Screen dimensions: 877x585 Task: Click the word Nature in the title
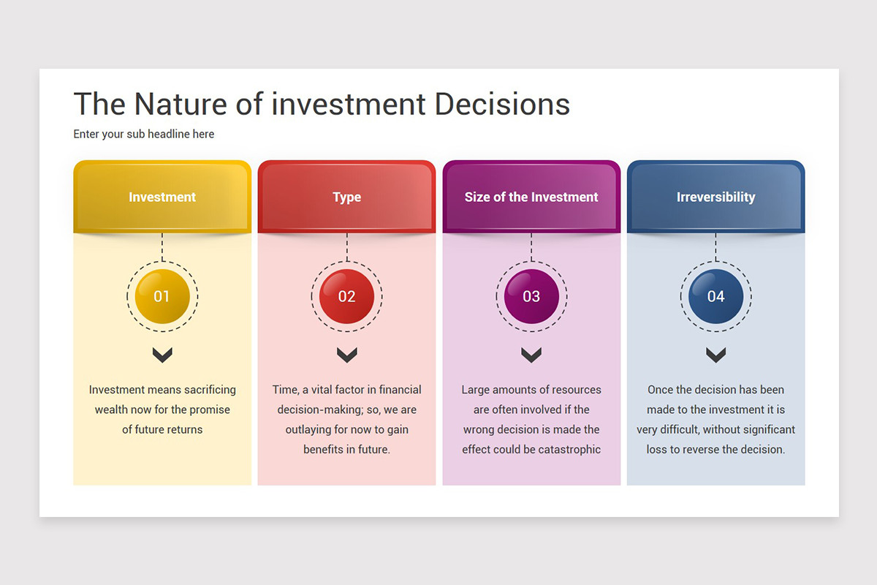[x=181, y=105]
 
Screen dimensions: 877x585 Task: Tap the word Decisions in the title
[x=502, y=105]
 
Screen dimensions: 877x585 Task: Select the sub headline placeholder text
[x=144, y=134]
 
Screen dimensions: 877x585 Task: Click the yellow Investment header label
[x=162, y=197]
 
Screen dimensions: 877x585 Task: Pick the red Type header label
[x=347, y=197]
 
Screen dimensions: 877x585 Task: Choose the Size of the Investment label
[x=531, y=197]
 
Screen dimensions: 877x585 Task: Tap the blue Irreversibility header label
[x=715, y=197]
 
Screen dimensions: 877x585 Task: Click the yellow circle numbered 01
[x=162, y=296]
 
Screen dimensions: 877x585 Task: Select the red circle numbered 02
[x=347, y=296]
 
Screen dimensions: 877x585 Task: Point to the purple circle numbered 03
[x=531, y=296]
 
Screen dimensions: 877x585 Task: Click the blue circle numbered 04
[x=715, y=296]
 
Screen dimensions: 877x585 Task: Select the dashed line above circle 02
[x=347, y=247]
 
